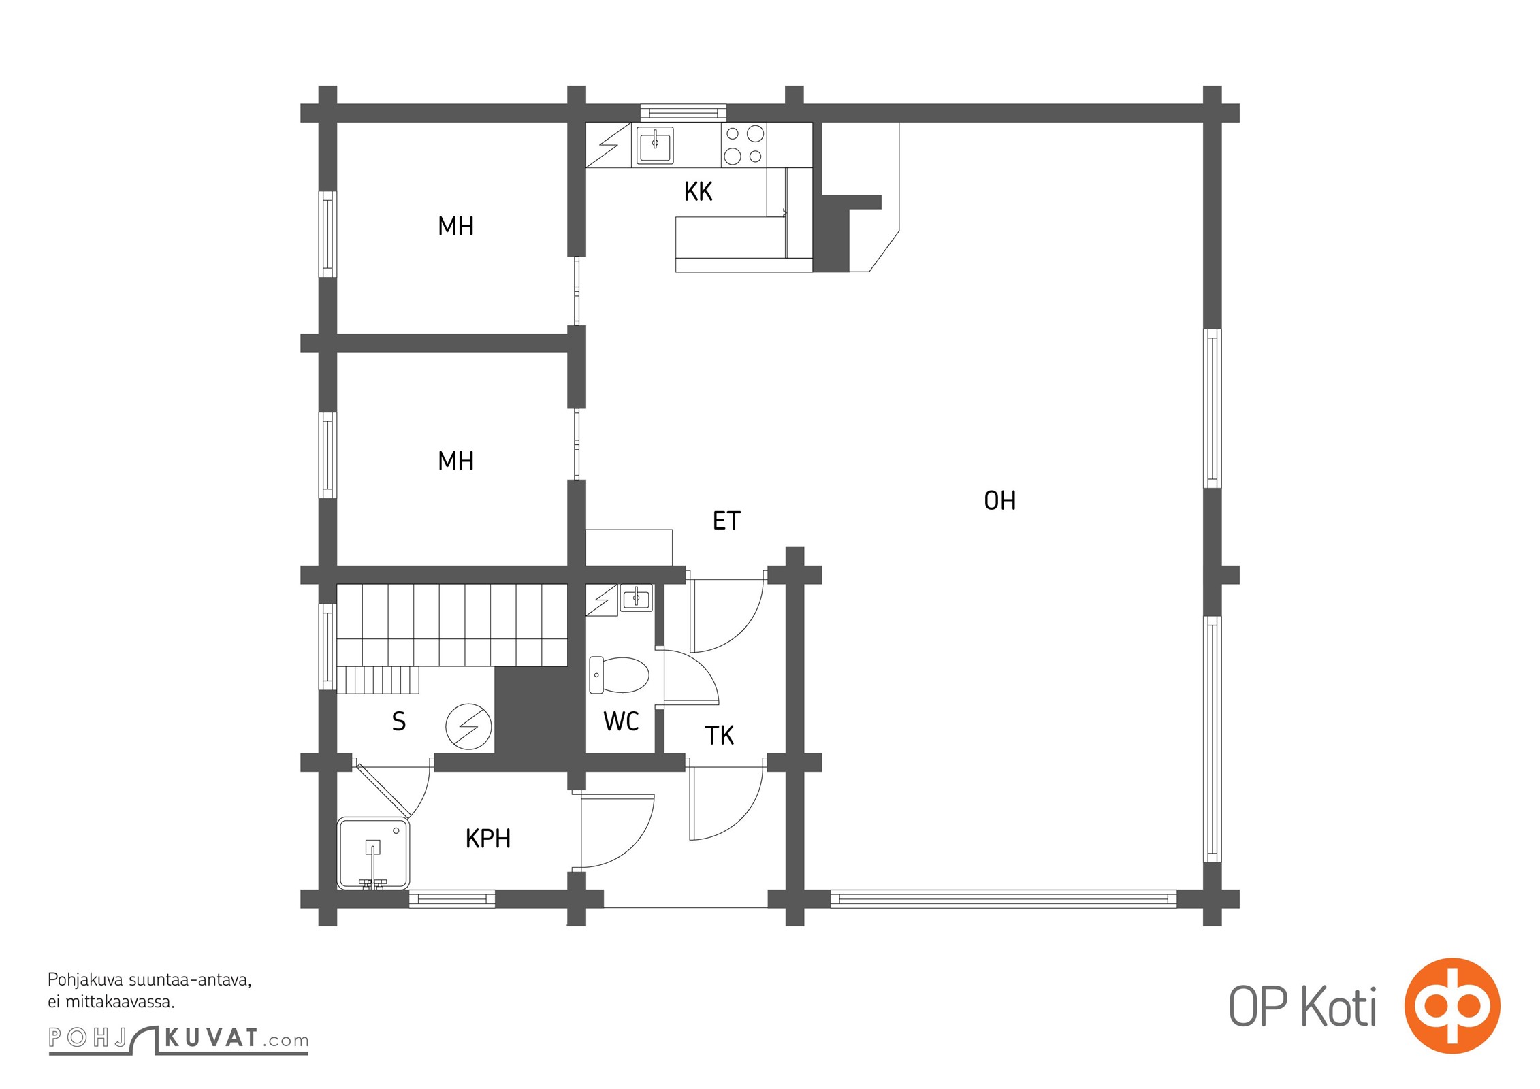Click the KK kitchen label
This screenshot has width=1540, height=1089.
click(x=698, y=192)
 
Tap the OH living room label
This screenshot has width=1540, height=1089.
click(x=999, y=501)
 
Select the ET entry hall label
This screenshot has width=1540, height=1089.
click(x=726, y=521)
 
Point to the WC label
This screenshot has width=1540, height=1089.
click(x=621, y=721)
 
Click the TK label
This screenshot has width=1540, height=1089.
click(x=719, y=736)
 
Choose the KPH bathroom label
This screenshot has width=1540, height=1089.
click(x=488, y=839)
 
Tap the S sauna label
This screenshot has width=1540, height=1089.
click(x=399, y=721)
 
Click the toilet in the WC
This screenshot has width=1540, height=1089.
click(x=619, y=675)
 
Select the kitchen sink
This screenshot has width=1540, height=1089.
click(x=655, y=145)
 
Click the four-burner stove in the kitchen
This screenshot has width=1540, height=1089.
click(x=743, y=145)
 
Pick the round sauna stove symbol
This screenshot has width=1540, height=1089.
click(x=468, y=727)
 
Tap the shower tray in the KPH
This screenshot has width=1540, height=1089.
click(x=374, y=854)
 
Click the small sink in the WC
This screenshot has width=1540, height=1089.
click(x=637, y=599)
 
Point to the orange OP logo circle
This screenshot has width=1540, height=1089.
click(x=1452, y=1006)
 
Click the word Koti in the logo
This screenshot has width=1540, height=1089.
click(x=1338, y=1007)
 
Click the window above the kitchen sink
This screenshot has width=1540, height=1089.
click(x=684, y=112)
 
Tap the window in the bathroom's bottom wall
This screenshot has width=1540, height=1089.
click(x=452, y=899)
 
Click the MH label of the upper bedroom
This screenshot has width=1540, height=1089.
click(x=455, y=226)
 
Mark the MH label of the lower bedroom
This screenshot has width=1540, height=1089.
click(x=455, y=461)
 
